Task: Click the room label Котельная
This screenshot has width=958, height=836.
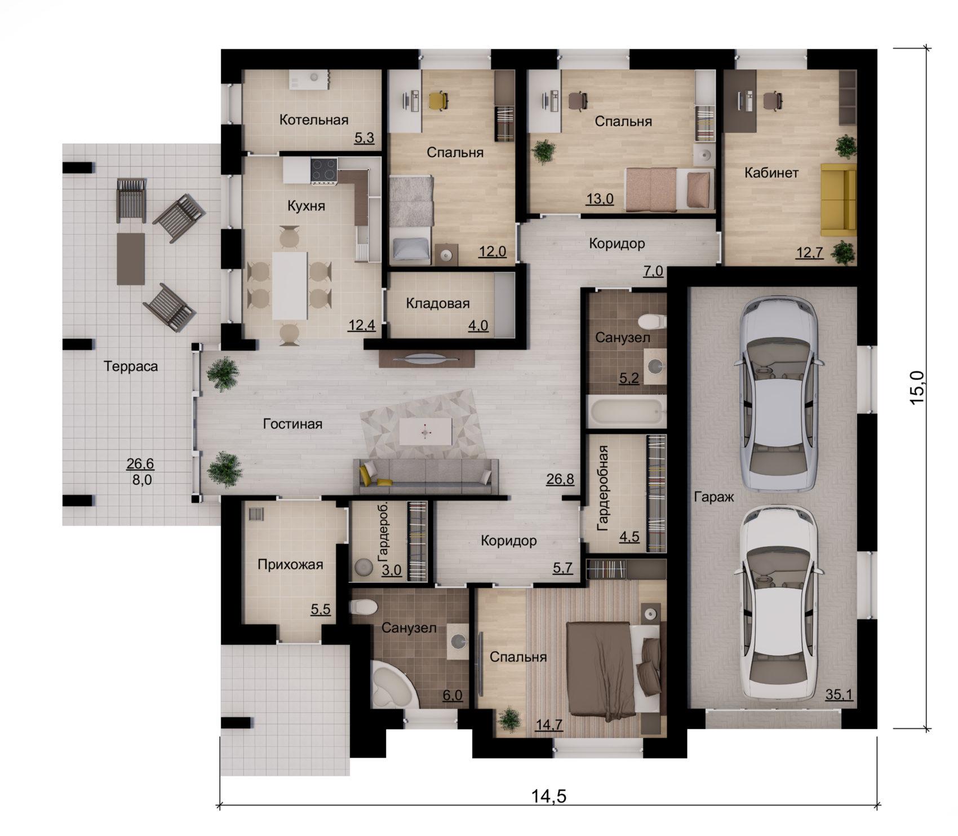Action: pyautogui.click(x=314, y=120)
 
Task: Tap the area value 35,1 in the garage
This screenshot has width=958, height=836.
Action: pyautogui.click(x=839, y=695)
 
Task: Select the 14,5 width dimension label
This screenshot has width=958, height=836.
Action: pyautogui.click(x=548, y=797)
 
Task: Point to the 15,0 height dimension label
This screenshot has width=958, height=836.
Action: pyautogui.click(x=918, y=387)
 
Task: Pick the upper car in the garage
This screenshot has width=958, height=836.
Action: pyautogui.click(x=778, y=393)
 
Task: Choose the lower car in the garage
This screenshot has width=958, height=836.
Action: pyautogui.click(x=778, y=602)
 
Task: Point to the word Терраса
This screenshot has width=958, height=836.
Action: pyautogui.click(x=131, y=366)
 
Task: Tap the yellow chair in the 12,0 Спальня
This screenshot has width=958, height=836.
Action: pyautogui.click(x=438, y=101)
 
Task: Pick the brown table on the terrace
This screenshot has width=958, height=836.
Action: pyautogui.click(x=131, y=259)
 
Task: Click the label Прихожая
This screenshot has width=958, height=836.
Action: pyautogui.click(x=290, y=564)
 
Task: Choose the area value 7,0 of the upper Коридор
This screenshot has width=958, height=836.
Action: pyautogui.click(x=654, y=272)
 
